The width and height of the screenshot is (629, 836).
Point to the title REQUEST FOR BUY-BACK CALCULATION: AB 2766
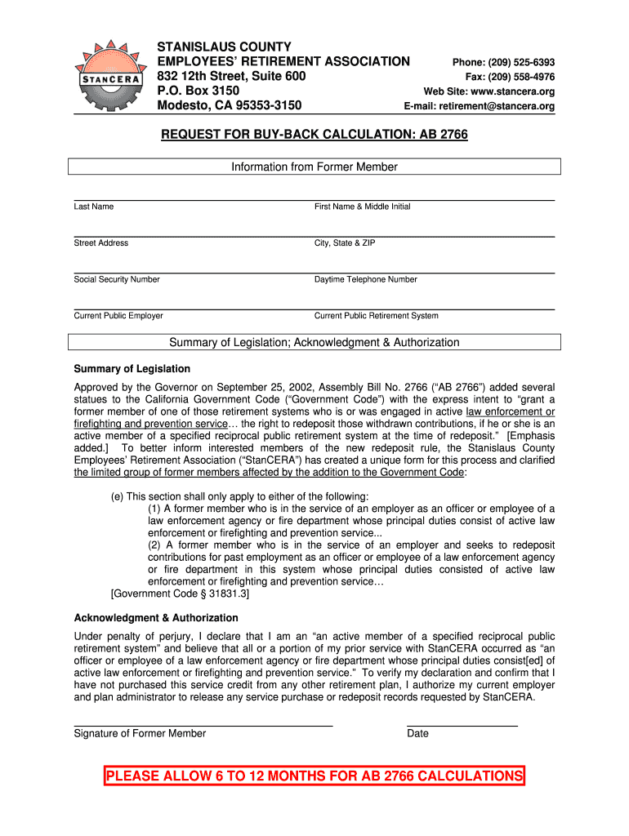click(x=314, y=134)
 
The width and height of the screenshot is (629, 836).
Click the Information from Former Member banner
click(x=314, y=167)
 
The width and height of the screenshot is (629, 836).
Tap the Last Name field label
click(x=94, y=207)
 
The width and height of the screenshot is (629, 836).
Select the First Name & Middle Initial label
click(x=363, y=207)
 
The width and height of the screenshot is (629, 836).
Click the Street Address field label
click(x=101, y=243)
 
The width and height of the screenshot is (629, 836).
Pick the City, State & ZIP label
click(x=345, y=243)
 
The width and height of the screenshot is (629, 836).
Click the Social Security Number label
click(x=117, y=279)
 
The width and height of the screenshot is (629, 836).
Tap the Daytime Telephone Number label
click(x=366, y=279)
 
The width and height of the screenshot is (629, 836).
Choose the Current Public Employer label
click(x=118, y=316)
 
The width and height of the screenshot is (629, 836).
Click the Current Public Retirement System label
click(x=377, y=316)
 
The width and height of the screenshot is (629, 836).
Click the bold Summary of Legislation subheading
click(x=132, y=369)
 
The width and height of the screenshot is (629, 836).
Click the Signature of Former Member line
click(x=203, y=725)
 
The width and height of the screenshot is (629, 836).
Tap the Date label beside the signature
click(x=417, y=733)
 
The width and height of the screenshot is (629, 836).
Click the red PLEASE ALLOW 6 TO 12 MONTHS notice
click(x=314, y=776)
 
